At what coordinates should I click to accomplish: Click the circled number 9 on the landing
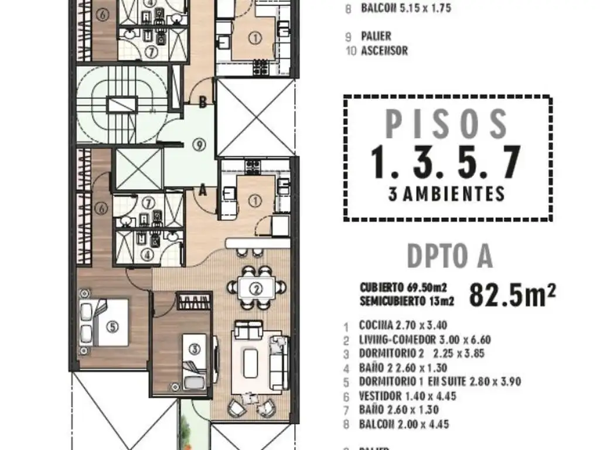[x=200, y=144]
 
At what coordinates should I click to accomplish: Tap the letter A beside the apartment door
[x=202, y=189]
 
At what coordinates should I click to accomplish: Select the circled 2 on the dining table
[x=255, y=288]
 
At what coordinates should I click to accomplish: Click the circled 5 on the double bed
[x=111, y=328]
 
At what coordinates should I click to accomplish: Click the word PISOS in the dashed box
[x=446, y=124]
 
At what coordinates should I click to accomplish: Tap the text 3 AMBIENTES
[x=446, y=194]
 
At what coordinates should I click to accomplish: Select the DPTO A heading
[x=449, y=256]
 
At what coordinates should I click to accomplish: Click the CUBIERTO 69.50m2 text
[x=404, y=287]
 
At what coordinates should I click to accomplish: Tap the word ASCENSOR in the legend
[x=384, y=50]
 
